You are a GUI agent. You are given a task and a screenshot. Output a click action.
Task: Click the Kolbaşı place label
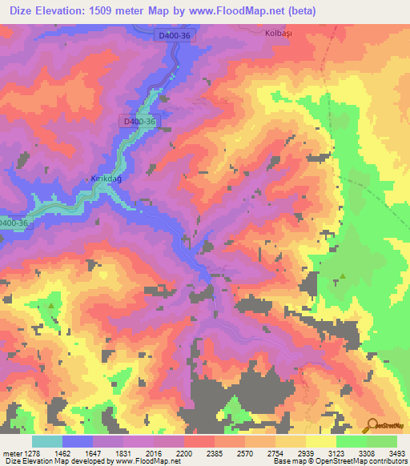point(275,34)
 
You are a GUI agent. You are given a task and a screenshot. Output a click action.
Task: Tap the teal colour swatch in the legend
point(47,441)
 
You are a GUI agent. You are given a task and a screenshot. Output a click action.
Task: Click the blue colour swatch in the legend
point(78,441)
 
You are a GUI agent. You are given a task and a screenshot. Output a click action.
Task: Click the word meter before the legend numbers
point(10,452)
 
